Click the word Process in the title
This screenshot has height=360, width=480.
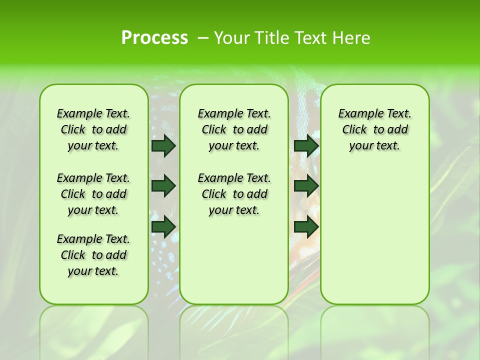coord(154,37)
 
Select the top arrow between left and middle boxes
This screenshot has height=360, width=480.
coord(163,145)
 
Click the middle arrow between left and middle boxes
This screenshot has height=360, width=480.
coord(163,186)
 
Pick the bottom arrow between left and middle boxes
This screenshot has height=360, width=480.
coord(163,226)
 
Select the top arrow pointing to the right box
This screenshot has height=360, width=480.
coord(306,145)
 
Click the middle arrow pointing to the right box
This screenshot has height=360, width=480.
coord(306,186)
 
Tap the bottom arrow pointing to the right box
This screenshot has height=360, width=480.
coord(306,226)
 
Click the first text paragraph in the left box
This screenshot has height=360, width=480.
coord(93,129)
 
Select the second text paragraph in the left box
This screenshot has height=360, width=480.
coord(93,194)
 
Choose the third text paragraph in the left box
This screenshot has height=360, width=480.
coord(93,255)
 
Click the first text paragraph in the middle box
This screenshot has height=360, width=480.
coord(234,129)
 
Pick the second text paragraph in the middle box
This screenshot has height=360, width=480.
coord(234,194)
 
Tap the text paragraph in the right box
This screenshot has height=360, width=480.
coord(375,129)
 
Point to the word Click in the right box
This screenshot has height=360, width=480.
coord(354,130)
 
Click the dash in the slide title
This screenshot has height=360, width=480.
coord(203,38)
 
